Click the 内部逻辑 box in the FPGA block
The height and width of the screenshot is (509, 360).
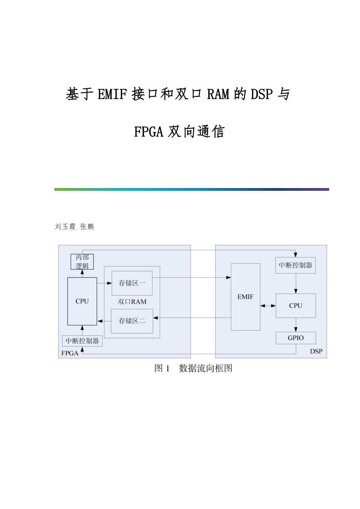coord(82,262)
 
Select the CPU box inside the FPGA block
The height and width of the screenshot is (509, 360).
coord(82,301)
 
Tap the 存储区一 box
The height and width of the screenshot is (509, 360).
coord(132,283)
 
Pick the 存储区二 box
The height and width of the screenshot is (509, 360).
coord(132,321)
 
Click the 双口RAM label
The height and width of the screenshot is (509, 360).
coord(132,302)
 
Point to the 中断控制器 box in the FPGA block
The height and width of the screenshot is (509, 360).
coord(82,341)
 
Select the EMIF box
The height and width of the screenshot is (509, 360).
coord(245,297)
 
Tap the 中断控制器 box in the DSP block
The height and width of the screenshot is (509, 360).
coord(295,265)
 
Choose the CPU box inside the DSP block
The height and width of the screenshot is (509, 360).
coord(295,306)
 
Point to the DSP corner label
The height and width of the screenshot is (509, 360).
coord(316,351)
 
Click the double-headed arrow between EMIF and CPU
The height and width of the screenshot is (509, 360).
coord(268,306)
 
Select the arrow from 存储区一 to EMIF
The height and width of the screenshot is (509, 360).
coord(192,278)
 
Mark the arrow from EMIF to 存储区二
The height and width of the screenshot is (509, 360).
coord(192,318)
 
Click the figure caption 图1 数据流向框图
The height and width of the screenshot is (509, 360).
coord(193,368)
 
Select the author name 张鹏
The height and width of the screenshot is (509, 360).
coord(87,227)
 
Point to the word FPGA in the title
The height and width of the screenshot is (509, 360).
coord(148,132)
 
